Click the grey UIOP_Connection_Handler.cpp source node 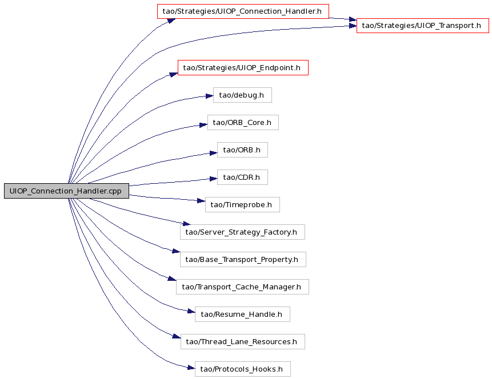[66, 191]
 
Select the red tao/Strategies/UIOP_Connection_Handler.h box [243, 11]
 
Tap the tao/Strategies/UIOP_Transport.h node [423, 26]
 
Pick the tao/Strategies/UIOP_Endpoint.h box [243, 68]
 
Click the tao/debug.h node [242, 95]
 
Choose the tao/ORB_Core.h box [243, 123]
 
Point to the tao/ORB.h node [242, 150]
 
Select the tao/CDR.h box [242, 178]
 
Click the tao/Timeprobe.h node [242, 205]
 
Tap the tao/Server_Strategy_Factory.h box [242, 232]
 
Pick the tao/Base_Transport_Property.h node [243, 260]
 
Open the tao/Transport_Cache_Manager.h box [242, 287]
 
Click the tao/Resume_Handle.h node [242, 314]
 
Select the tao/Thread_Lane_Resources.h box [242, 342]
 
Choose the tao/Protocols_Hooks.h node [242, 369]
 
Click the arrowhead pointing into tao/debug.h [209, 96]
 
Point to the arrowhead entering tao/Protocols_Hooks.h [191, 368]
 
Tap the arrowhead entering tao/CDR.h [213, 179]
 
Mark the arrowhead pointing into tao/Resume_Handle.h [191, 311]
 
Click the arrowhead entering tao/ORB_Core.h [203, 125]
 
